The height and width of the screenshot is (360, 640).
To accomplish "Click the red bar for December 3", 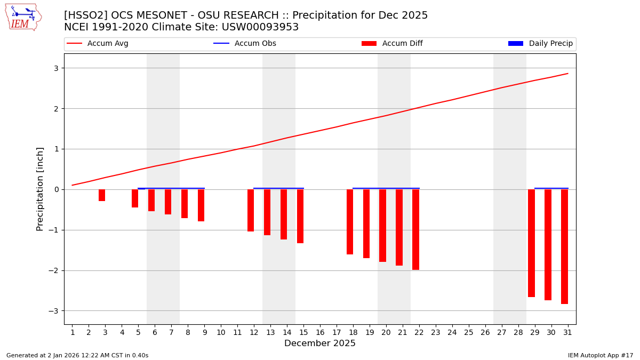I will (x=102, y=195).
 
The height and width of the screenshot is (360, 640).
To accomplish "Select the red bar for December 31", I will (x=564, y=246).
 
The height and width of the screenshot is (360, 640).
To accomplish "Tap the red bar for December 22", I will (x=415, y=229).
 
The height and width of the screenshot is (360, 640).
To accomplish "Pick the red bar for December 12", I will (x=251, y=210).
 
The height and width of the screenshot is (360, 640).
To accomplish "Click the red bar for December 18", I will (x=350, y=222).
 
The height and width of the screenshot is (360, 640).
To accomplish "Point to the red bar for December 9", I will (x=201, y=205).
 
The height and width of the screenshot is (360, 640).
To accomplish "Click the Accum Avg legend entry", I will (x=98, y=44).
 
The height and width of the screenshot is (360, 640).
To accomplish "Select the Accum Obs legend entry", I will (x=245, y=44).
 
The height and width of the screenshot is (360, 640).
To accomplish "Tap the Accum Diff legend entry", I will (x=392, y=44).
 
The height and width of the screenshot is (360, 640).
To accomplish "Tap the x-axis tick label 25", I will (x=469, y=333).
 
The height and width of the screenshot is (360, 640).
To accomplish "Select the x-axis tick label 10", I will (x=221, y=333).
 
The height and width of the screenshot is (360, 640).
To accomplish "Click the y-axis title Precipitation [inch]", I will (x=41, y=189).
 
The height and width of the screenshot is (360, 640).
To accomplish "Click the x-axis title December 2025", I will (x=320, y=343).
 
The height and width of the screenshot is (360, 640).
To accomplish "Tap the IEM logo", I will (x=23, y=17).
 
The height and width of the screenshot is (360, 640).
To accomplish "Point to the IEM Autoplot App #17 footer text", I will (x=600, y=355).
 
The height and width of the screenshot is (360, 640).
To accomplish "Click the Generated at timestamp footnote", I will (x=77, y=355).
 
